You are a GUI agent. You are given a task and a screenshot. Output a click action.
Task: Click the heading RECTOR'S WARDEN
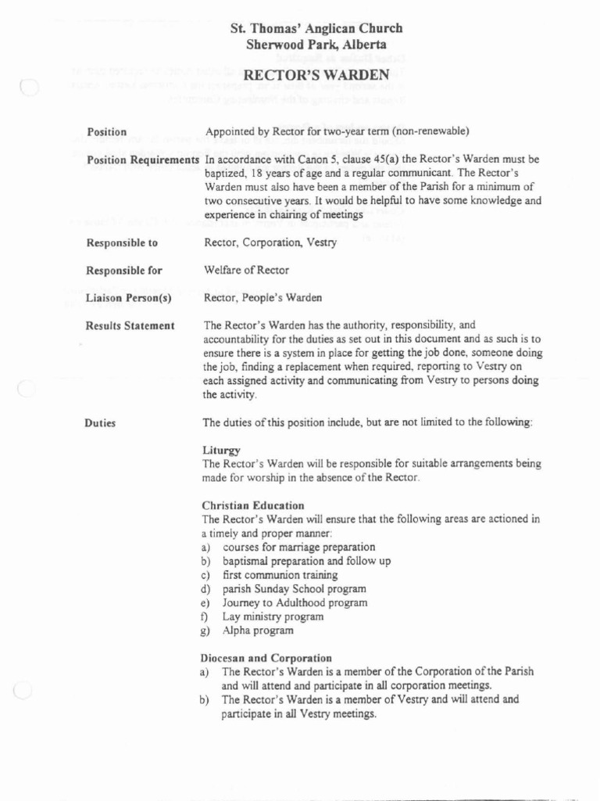point(316,75)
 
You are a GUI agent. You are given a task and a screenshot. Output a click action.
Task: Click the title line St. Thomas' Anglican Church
point(316,29)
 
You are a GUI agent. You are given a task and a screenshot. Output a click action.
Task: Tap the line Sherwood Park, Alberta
point(316,45)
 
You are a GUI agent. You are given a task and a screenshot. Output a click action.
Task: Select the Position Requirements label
point(143,160)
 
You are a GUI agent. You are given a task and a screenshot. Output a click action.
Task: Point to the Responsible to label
point(122,243)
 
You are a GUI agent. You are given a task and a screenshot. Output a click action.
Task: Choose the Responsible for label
point(124,271)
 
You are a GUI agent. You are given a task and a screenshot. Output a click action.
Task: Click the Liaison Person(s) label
point(128,298)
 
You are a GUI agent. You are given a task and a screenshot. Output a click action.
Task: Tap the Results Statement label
point(130,325)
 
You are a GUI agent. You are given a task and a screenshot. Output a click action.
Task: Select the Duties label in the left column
point(100,423)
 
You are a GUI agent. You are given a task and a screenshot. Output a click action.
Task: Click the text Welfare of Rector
point(246,271)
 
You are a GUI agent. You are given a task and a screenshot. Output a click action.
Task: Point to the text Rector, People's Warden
point(262,298)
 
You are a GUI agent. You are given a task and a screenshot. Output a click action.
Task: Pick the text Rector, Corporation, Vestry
point(270,243)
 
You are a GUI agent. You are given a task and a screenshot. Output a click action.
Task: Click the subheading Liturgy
point(221,451)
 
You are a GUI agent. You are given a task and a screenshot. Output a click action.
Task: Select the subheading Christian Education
point(253,505)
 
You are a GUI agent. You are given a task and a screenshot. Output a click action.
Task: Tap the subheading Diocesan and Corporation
point(266,658)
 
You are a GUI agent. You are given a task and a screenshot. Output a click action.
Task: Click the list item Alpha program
point(258,630)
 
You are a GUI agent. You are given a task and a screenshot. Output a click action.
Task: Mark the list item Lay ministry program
point(273,616)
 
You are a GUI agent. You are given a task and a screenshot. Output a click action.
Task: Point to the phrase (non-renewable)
point(431,131)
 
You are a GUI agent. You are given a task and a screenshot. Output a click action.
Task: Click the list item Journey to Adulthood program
point(295,603)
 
